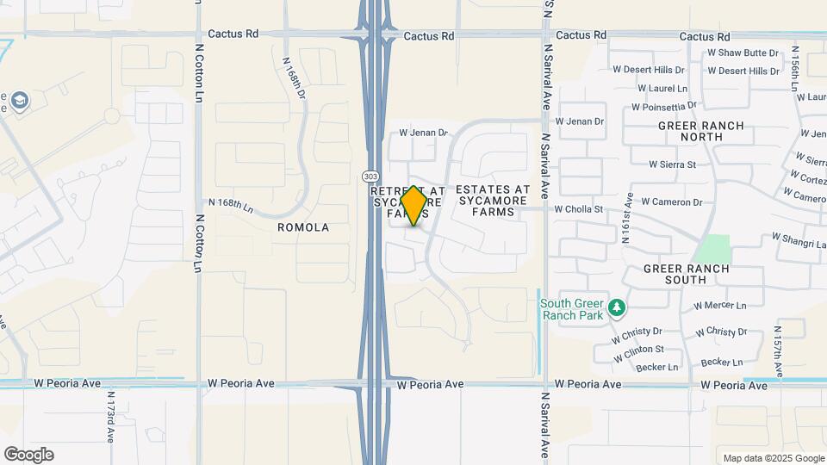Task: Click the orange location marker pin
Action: point(414,205)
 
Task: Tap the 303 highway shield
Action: point(370,176)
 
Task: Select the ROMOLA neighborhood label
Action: point(303,227)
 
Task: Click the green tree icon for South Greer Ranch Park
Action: point(616,308)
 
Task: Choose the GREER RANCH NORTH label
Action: point(700,131)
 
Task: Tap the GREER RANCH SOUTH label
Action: point(687,275)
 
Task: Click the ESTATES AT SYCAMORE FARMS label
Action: point(493,201)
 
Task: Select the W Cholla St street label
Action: point(578,209)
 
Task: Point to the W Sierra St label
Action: point(672,164)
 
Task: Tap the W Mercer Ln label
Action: point(719,306)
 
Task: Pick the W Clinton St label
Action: point(638,350)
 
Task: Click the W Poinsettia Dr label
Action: point(665,108)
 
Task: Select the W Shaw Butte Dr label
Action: point(742,53)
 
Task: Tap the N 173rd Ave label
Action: point(111,418)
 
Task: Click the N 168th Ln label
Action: point(232,207)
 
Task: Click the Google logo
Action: point(28,455)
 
